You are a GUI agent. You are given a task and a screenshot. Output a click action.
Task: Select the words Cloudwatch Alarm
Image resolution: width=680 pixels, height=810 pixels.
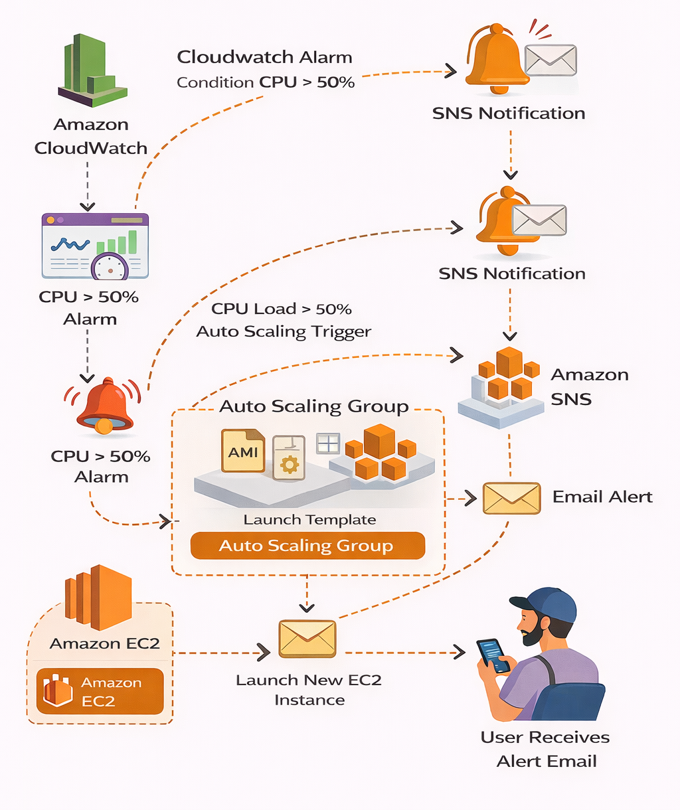264,57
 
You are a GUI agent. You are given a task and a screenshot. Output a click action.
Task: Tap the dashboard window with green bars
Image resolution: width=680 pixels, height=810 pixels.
95,246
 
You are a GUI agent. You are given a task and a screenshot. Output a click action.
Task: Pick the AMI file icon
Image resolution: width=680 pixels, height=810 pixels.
243,451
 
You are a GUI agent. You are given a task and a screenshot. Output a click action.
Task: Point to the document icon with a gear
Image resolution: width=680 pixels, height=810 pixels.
289,457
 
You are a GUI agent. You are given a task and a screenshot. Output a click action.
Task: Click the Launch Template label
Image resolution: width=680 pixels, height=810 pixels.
309,520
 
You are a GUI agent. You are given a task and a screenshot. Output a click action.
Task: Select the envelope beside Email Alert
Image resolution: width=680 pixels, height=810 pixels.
511,498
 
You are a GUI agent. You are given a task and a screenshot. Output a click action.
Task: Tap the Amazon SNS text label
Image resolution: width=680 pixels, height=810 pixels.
589,386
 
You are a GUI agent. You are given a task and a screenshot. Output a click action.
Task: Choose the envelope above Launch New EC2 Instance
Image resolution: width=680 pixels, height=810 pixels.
307,639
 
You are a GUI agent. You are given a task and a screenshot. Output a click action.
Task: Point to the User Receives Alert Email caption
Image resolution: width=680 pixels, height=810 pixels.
546,749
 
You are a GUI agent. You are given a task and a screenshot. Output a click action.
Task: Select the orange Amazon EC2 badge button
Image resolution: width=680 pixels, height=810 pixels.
100,691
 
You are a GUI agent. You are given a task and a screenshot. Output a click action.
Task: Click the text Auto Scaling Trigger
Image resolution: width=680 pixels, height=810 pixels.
284,331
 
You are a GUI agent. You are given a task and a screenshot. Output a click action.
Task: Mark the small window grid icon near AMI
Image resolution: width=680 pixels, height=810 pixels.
328,444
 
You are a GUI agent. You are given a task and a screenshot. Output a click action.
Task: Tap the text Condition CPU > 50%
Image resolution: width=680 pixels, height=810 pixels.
266,82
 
